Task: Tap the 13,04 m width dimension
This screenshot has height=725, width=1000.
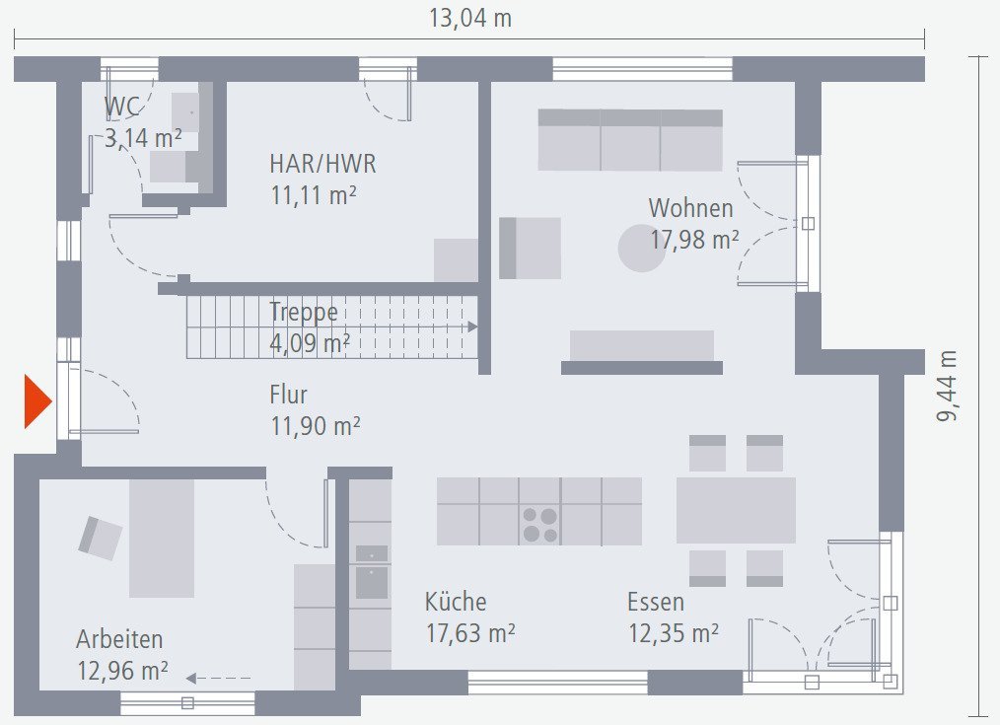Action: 469,18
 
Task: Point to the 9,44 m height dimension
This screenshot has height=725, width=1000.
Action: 947,386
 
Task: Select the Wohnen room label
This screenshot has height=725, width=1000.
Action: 690,209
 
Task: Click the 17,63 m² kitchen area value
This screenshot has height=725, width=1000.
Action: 469,633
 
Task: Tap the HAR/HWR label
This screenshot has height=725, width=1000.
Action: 322,164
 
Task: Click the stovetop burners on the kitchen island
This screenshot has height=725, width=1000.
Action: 539,525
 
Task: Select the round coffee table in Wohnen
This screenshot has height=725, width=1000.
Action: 642,248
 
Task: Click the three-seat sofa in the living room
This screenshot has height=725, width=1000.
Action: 630,140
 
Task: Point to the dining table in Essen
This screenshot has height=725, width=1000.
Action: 736,510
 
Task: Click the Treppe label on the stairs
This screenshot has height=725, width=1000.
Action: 304,313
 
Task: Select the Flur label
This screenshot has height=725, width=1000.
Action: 289,396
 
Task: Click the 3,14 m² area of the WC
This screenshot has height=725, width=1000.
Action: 143,139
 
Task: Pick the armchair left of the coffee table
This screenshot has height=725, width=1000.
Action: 530,248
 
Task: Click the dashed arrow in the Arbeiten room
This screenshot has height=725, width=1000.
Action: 218,678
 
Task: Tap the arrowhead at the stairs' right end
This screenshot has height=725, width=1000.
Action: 472,326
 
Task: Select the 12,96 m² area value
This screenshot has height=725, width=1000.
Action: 122,672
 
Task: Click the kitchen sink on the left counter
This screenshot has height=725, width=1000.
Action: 372,572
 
